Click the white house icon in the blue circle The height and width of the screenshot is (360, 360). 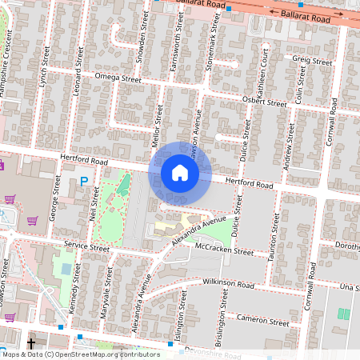click(x=180, y=172)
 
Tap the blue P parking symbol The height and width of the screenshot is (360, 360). click(x=84, y=183)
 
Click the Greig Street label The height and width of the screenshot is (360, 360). click(x=312, y=61)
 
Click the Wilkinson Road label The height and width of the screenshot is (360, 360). click(x=228, y=284)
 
